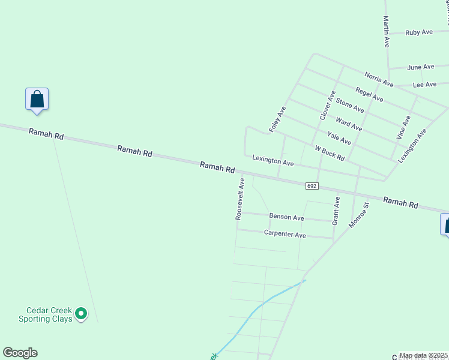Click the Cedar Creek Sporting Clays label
click(49, 314)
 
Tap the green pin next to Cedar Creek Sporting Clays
click(81, 313)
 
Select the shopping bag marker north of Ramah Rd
click(37, 100)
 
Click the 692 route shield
click(311, 186)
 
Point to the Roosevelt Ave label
click(240, 199)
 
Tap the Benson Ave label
click(286, 217)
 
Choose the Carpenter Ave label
click(285, 235)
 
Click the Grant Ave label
click(336, 211)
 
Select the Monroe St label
click(359, 214)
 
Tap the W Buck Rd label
click(330, 153)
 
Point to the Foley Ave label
click(277, 119)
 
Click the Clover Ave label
click(327, 104)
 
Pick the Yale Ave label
click(339, 139)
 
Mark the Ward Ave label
click(349, 124)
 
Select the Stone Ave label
click(350, 105)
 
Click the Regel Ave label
click(369, 94)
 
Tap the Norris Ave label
click(379, 79)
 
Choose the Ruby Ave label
click(419, 32)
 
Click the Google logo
click(20, 353)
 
